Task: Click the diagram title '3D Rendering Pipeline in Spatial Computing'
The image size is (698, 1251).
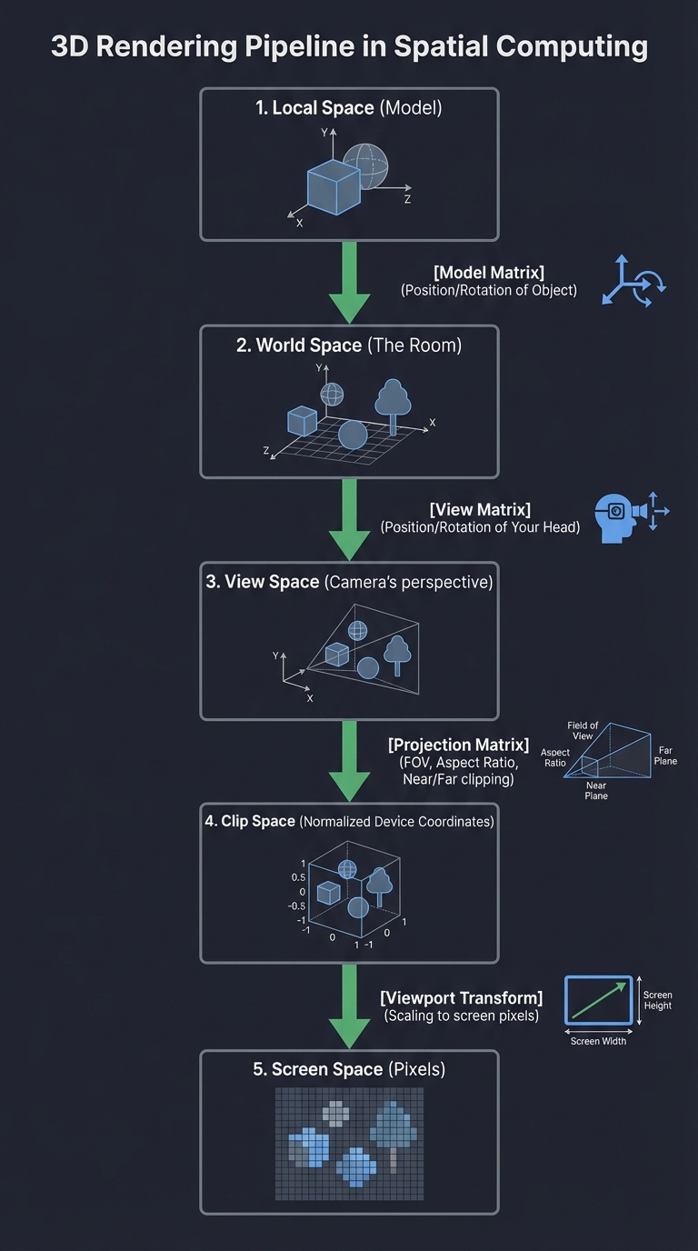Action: pos(349,46)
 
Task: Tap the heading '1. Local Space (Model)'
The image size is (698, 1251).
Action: pos(349,108)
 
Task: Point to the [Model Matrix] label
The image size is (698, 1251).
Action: pos(489,272)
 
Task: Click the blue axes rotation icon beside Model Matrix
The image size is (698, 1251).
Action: pos(633,281)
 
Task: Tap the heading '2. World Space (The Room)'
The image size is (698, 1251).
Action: pos(349,345)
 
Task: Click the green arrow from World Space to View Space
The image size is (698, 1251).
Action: pos(349,519)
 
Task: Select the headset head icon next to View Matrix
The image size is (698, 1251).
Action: pos(618,517)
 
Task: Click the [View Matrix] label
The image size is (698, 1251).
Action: pos(480,509)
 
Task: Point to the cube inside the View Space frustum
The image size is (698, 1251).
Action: pos(337,654)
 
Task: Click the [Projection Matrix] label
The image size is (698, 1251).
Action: pos(458,745)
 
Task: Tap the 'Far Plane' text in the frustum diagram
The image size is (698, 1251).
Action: pos(665,756)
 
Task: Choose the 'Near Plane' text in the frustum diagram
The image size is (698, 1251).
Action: pos(596,790)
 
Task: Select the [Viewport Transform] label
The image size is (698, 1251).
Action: pos(461,997)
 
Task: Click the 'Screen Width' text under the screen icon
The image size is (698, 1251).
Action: pos(598,1041)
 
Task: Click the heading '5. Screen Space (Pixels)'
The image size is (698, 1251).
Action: pos(349,1069)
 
